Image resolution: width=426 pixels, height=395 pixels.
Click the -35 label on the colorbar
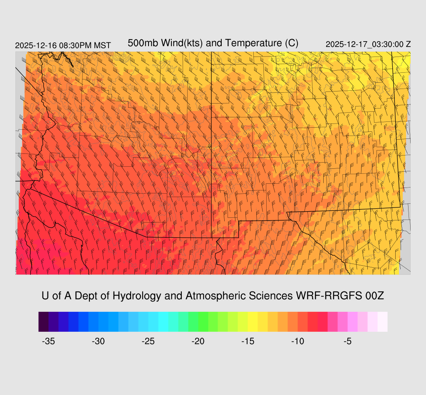(49, 341)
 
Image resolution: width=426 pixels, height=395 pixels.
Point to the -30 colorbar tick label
(99, 341)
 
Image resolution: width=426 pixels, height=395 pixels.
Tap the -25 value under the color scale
(149, 341)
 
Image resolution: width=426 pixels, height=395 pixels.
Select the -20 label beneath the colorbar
(198, 341)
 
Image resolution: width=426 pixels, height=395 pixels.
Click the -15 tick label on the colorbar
(248, 341)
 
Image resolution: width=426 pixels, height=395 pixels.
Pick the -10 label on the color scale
(298, 341)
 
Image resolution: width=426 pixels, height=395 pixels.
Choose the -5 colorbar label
(348, 341)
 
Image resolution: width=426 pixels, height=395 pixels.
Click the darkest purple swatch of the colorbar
(44, 321)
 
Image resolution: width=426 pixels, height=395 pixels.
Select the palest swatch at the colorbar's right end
(382, 321)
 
